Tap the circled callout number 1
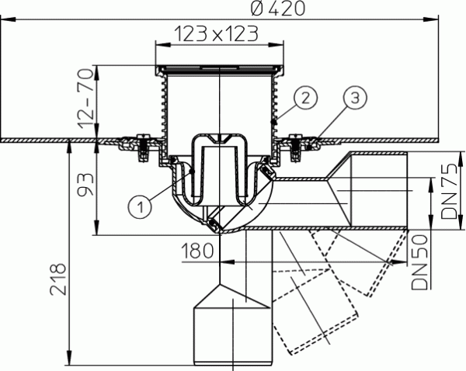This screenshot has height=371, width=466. coord(138,206)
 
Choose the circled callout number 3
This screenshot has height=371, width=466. coord(353,98)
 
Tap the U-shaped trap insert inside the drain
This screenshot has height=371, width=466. coord(217,167)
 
